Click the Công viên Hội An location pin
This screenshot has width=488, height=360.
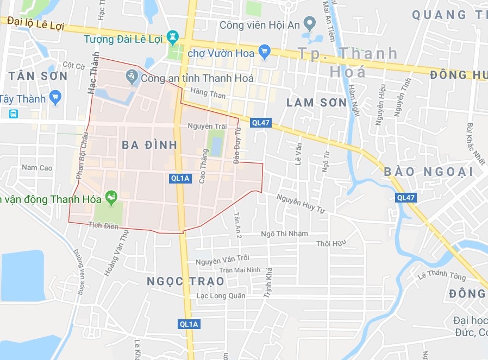pyautogui.click(x=309, y=23)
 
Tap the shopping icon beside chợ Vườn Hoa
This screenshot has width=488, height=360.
pyautogui.click(x=265, y=52)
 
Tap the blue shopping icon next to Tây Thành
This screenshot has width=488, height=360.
pyautogui.click(x=55, y=98)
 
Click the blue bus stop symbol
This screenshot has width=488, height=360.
pyautogui.click(x=13, y=113)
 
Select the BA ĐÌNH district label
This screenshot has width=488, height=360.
pyautogui.click(x=149, y=145)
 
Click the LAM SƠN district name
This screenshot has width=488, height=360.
pyautogui.click(x=316, y=103)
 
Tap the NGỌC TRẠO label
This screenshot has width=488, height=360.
pyautogui.click(x=185, y=281)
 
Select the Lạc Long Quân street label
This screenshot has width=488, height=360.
pyautogui.click(x=221, y=296)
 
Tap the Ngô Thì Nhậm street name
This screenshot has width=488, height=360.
pyautogui.click(x=284, y=233)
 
